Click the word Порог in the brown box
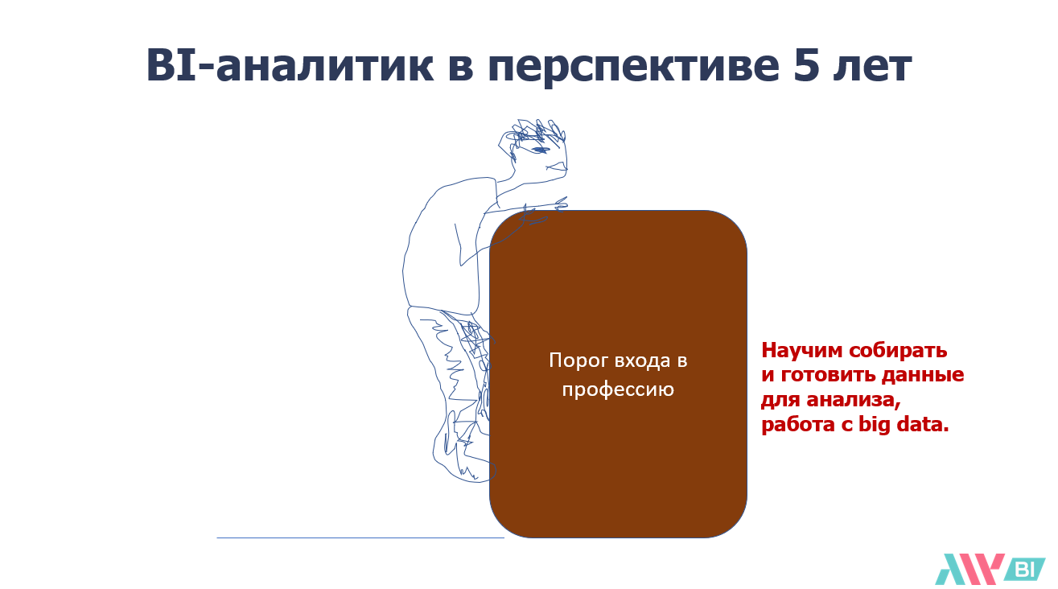click(x=578, y=361)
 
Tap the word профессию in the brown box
click(x=618, y=390)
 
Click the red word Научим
click(x=802, y=351)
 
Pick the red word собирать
click(x=898, y=351)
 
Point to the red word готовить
click(x=828, y=375)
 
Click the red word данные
click(x=923, y=376)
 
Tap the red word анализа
click(x=854, y=401)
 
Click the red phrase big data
click(x=903, y=425)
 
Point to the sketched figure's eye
click(x=540, y=150)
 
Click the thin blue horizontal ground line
click(x=360, y=538)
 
